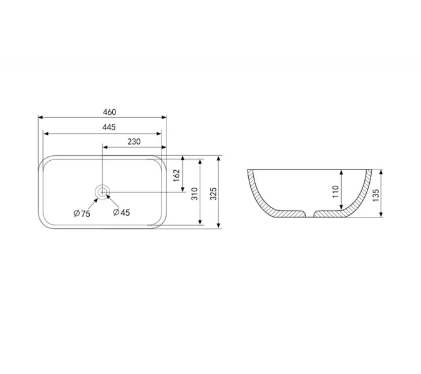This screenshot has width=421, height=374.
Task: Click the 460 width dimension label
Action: pos(110,112)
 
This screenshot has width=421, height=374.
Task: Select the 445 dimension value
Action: pos(109,127)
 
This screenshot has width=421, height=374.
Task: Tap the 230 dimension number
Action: pos(134,141)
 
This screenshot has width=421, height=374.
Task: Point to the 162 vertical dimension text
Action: pos(177,175)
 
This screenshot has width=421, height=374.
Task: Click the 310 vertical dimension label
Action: pos(195,194)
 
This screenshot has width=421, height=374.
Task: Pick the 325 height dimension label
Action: pos(213,194)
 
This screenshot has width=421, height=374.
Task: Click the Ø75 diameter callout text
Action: pos(82,214)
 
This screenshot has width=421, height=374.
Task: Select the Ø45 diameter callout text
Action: pos(122,213)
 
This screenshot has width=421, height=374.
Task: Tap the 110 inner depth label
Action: pos(336,191)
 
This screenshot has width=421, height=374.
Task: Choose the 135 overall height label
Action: pos(375,195)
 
